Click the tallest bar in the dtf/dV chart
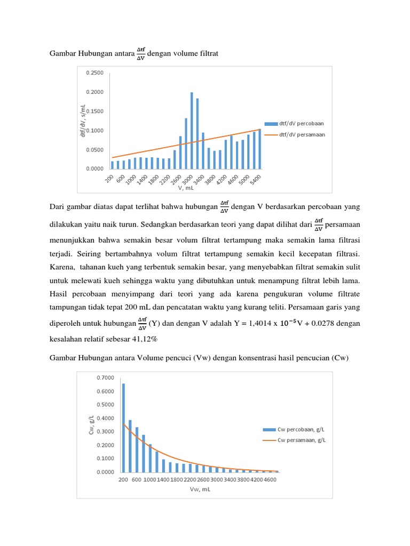pos(192,131)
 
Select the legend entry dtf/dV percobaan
pos(302,123)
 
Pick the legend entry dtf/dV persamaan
pos(302,135)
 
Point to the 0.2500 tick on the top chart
pos(94,73)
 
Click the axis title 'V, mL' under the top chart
pos(185,188)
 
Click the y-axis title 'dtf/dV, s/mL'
pos(83,121)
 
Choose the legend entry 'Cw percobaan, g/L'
pos(302,430)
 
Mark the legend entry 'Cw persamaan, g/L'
pos(302,440)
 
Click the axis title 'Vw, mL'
pos(200,490)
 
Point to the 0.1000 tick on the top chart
pos(94,131)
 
